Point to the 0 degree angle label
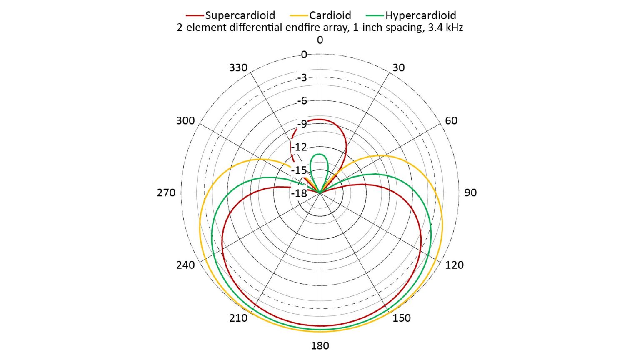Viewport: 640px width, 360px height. pyautogui.click(x=320, y=40)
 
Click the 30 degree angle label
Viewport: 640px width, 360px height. pyautogui.click(x=399, y=67)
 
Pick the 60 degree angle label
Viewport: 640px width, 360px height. pyautogui.click(x=451, y=120)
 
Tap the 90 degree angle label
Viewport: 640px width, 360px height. pyautogui.click(x=470, y=192)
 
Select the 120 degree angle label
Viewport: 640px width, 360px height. pyautogui.click(x=454, y=265)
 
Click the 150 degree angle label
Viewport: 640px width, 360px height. pyautogui.click(x=402, y=318)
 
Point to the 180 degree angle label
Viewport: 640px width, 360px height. pyautogui.click(x=320, y=345)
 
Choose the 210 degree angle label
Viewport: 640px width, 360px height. pyautogui.click(x=238, y=318)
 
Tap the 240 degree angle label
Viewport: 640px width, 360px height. pyautogui.click(x=185, y=265)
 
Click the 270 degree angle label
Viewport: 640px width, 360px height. pyautogui.click(x=166, y=192)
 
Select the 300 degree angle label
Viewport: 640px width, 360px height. pyautogui.click(x=185, y=120)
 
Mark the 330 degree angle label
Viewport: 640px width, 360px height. pyautogui.click(x=238, y=67)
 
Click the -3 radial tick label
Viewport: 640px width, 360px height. pyautogui.click(x=302, y=77)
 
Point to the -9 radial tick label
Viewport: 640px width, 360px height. pyautogui.click(x=302, y=124)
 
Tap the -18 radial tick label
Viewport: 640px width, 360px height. pyautogui.click(x=299, y=193)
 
